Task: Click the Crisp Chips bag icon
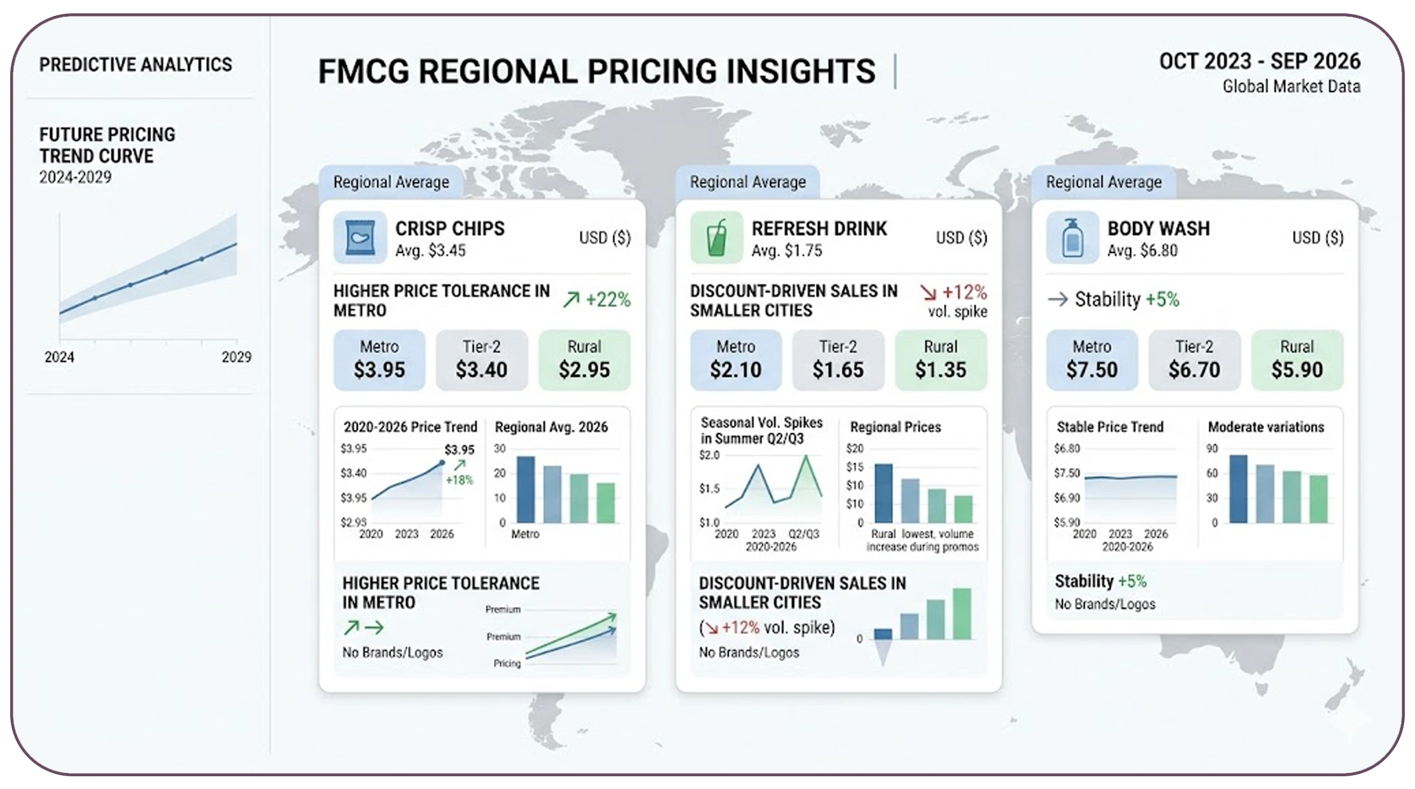click(360, 237)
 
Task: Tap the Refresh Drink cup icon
click(716, 237)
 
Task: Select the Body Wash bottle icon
click(1072, 237)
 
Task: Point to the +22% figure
click(607, 299)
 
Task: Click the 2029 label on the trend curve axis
click(236, 357)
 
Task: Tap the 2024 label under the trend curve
click(59, 357)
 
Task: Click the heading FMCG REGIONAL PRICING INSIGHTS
click(596, 71)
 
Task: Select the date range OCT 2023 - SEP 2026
click(1259, 61)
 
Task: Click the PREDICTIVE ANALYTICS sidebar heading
click(136, 64)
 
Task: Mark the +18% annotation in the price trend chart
click(459, 480)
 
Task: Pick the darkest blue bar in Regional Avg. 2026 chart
click(525, 489)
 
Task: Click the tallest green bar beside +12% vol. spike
click(961, 613)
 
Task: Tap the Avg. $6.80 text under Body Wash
click(1142, 251)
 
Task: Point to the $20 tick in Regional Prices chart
click(854, 449)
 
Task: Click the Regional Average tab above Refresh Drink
click(747, 182)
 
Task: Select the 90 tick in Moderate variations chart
click(1211, 449)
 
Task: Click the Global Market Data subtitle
click(1291, 87)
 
